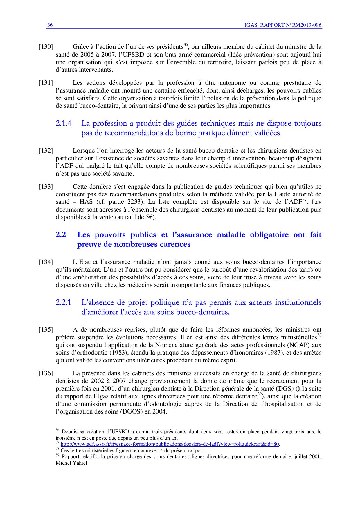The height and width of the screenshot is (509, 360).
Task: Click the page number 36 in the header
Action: pos(50,25)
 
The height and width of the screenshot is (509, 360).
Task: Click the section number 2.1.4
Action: pos(63,124)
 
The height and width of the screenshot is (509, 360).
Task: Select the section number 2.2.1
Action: pos(63,303)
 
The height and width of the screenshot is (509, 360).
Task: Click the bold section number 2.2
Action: pos(61,234)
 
